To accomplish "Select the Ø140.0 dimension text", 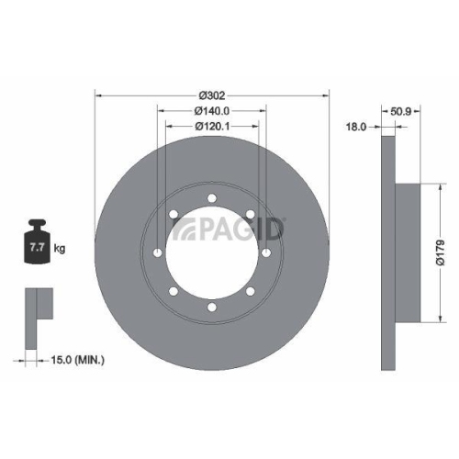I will [x=212, y=111].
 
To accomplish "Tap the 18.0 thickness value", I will [x=356, y=127].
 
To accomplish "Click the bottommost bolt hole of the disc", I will [x=212, y=308].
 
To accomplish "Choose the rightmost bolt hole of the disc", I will [x=266, y=253].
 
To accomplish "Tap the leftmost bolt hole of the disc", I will [x=157, y=253].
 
